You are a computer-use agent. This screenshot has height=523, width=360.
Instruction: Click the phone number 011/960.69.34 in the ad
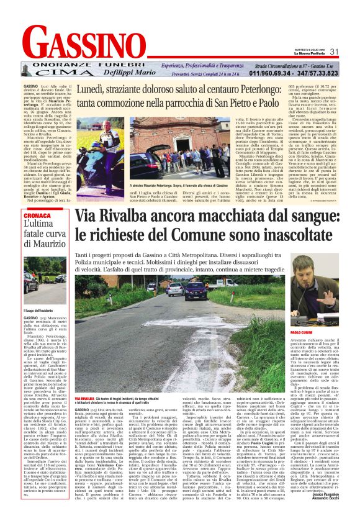tap(271, 73)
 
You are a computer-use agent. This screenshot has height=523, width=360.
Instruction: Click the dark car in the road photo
tap(199, 291)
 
